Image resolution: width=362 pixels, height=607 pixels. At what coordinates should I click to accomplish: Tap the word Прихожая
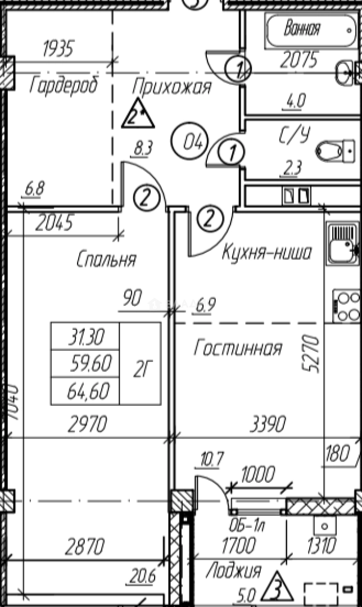(171, 87)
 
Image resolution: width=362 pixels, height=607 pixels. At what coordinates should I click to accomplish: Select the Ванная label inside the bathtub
(302, 28)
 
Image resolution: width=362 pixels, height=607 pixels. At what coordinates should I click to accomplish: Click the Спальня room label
(106, 260)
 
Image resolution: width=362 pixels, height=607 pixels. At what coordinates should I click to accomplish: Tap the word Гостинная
(237, 349)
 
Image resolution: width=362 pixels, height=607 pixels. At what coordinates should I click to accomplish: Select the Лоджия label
(233, 571)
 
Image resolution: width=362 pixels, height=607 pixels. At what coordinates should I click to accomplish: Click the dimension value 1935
(58, 49)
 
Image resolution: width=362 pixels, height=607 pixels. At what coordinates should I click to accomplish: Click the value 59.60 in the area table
(85, 364)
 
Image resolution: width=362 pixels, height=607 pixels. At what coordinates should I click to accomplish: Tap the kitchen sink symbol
(342, 243)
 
